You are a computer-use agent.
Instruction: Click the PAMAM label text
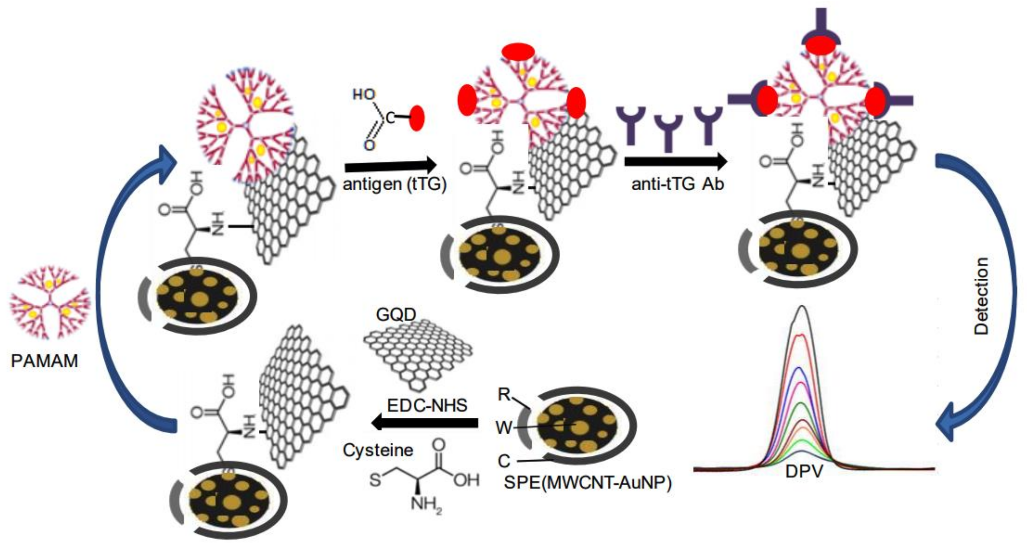click(44, 361)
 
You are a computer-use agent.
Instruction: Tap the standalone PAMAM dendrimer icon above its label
click(50, 306)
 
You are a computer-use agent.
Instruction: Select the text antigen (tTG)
click(394, 184)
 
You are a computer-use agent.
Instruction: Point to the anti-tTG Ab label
click(677, 184)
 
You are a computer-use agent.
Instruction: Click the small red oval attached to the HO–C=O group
click(417, 118)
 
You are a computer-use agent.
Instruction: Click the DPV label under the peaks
click(804, 471)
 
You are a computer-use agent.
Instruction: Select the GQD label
click(396, 315)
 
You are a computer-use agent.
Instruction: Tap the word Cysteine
click(378, 450)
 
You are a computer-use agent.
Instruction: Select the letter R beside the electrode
click(504, 394)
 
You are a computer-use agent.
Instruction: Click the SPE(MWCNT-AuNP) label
click(588, 482)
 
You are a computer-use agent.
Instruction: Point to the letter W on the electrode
click(504, 428)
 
